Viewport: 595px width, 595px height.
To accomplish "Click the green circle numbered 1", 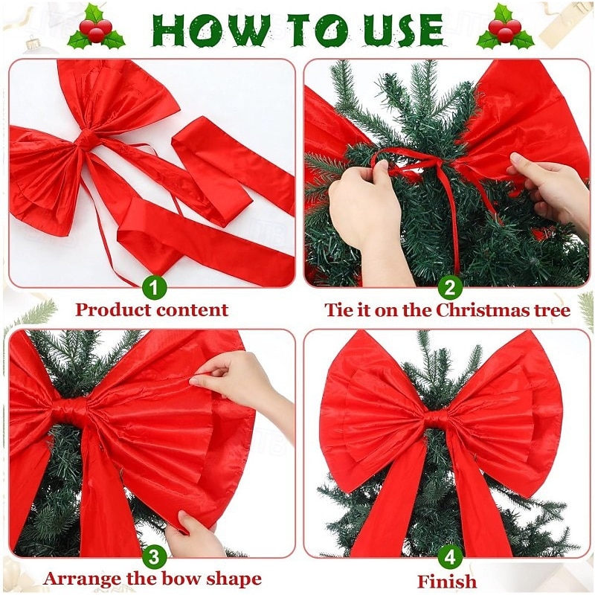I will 154,286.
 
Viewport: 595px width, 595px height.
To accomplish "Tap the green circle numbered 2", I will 448,286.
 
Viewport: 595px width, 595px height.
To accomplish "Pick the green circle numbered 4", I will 448,556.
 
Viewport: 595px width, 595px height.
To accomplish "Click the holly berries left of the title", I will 96,30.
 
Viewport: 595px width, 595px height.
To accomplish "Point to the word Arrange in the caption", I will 81,578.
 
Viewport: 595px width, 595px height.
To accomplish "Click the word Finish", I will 447,581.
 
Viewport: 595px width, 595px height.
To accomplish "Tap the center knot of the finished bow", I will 437,420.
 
